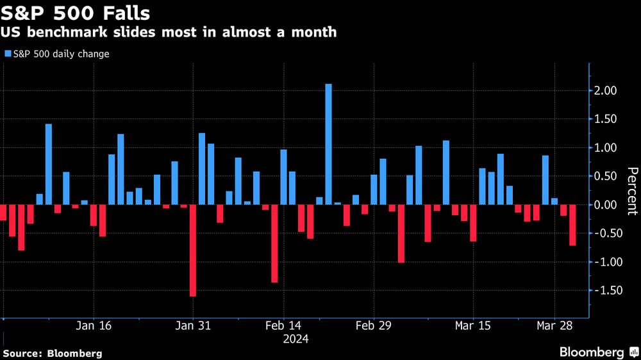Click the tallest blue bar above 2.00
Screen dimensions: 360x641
click(x=328, y=144)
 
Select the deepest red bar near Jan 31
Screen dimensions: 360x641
click(x=192, y=250)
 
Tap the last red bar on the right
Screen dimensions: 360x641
click(x=572, y=225)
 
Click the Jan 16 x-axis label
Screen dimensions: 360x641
click(x=94, y=325)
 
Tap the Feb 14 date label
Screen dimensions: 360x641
click(x=283, y=325)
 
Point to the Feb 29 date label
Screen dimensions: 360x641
click(x=373, y=325)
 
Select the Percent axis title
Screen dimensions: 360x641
click(x=631, y=192)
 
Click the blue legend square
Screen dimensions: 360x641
click(x=8, y=54)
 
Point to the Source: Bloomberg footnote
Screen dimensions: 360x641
click(x=53, y=353)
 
